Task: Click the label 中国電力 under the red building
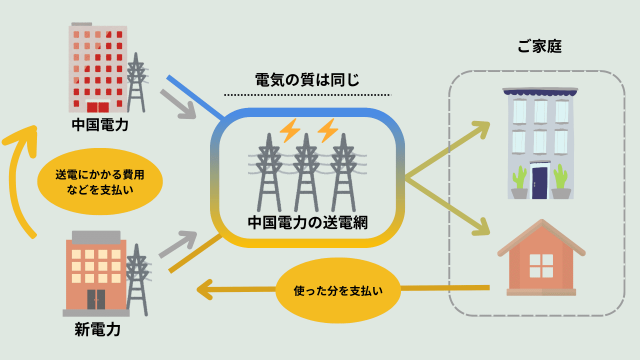click(x=100, y=126)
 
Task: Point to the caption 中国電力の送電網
click(x=306, y=222)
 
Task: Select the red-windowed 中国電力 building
click(x=98, y=68)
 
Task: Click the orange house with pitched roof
click(x=540, y=260)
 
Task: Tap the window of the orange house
click(x=541, y=265)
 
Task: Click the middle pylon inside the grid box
click(x=306, y=175)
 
